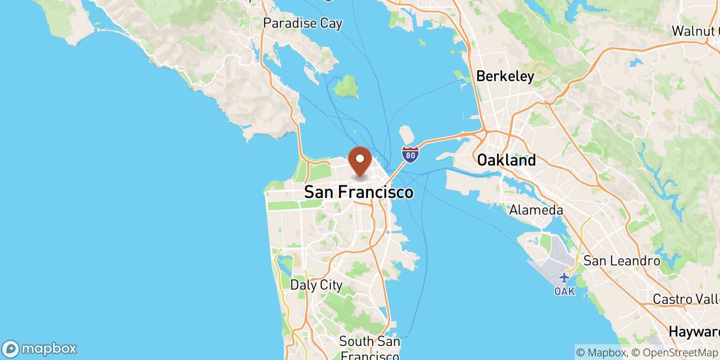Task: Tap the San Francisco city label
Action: tap(359, 192)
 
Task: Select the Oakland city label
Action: tap(506, 160)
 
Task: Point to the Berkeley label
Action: tap(505, 76)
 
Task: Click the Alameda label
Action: tap(536, 210)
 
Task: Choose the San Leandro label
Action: tap(621, 261)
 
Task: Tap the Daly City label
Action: tap(316, 285)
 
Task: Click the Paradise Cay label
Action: tap(302, 23)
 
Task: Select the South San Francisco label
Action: tap(369, 348)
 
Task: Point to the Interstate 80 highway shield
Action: tap(410, 154)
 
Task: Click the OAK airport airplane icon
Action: tap(564, 278)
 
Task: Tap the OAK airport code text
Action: tap(564, 292)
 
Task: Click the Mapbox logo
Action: tap(40, 349)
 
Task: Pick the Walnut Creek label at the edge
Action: tap(695, 31)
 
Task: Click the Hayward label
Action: tap(694, 332)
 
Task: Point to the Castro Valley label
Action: tap(686, 299)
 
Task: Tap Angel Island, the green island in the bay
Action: tap(346, 86)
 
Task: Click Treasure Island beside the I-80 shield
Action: tap(407, 134)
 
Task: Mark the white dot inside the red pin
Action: tap(360, 158)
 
